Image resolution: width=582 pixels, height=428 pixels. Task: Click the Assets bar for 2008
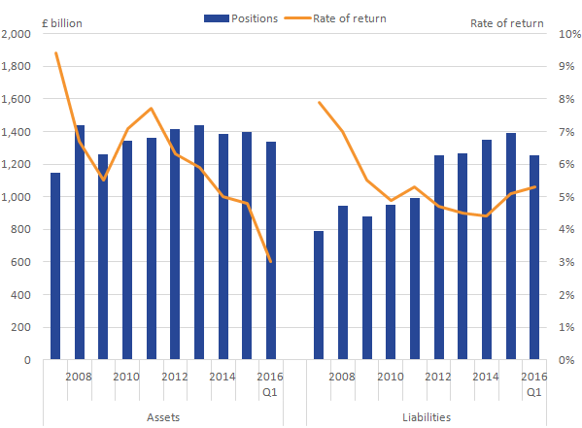[x=80, y=243]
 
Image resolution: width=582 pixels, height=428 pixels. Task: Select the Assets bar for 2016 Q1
[x=271, y=250]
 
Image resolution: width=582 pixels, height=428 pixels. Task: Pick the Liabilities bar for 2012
[x=439, y=257]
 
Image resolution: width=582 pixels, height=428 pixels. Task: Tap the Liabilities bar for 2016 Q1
[x=534, y=257]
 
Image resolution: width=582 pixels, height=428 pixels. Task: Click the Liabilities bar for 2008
[x=343, y=282]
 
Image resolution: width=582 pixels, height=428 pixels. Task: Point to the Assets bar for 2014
[x=223, y=247]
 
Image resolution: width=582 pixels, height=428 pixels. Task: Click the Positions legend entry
[x=241, y=18]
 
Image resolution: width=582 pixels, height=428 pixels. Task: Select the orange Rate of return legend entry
[x=335, y=18]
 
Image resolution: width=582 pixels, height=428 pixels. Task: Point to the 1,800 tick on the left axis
[x=16, y=66]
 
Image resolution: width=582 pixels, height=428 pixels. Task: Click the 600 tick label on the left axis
[x=20, y=262]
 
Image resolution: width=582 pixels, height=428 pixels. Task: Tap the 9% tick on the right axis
[x=566, y=66]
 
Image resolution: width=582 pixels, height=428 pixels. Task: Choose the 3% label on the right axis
[x=566, y=262]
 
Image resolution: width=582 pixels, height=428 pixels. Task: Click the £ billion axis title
[x=62, y=23]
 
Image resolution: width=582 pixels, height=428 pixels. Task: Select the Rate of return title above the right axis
[x=507, y=23]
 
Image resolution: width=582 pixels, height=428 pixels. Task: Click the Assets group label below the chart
[x=163, y=417]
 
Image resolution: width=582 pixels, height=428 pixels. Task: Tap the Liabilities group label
[x=427, y=417]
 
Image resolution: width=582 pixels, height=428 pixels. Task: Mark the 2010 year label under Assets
[x=126, y=377]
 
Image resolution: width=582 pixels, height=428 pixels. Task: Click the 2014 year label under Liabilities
[x=486, y=377]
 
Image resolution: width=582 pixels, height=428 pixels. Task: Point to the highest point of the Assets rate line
[x=56, y=53]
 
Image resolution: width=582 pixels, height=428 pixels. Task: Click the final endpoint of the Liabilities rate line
[x=534, y=187]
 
